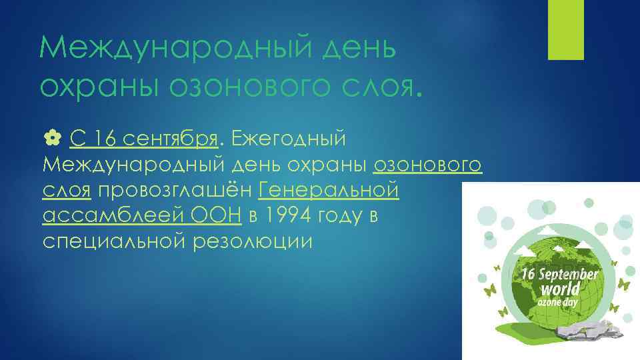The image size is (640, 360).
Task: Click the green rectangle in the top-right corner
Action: point(565,29)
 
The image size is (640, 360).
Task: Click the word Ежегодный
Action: point(289,139)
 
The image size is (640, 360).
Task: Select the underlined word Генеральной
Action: point(328,191)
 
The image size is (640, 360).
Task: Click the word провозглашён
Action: point(176,191)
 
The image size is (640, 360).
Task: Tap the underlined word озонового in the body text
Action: point(428,165)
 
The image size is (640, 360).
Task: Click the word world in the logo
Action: point(559,289)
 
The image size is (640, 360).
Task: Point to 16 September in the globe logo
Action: point(559,274)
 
